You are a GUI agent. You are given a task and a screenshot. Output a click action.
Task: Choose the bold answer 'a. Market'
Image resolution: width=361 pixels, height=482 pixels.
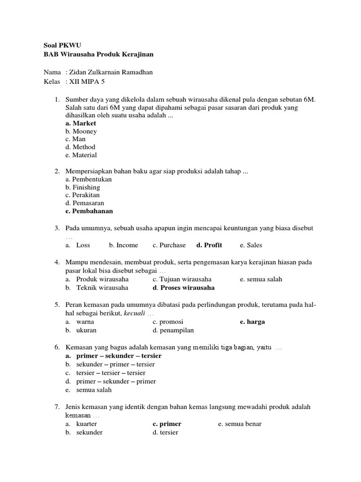pos(81,123)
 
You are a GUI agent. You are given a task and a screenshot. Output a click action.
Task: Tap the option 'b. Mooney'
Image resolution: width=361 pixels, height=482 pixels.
pos(81,131)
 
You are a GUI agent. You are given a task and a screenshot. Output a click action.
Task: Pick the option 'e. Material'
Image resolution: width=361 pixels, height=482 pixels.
pos(81,155)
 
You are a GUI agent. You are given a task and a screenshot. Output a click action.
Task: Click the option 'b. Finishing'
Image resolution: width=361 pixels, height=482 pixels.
pos(83,187)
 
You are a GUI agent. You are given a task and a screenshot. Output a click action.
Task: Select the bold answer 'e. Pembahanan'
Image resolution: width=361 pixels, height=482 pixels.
pos(89,211)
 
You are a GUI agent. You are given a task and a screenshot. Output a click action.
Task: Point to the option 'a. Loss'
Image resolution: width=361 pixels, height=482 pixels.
pos(78,245)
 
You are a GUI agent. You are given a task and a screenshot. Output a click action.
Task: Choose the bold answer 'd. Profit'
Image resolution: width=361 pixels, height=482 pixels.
pos(209,245)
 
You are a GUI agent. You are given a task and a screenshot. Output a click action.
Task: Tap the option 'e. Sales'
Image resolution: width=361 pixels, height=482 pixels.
pos(251,245)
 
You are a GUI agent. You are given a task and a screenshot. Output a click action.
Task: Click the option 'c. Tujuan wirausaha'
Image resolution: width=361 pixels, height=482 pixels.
pos(182,279)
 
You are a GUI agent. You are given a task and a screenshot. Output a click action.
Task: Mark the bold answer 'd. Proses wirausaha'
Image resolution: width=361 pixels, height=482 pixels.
pos(183,288)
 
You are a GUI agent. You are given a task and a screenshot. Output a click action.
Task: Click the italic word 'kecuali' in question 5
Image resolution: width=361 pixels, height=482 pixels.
pos(134,313)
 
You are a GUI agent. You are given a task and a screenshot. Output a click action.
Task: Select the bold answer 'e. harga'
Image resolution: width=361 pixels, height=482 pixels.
pos(252,322)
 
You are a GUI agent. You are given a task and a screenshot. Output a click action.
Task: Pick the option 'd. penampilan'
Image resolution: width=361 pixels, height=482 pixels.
pos(173,330)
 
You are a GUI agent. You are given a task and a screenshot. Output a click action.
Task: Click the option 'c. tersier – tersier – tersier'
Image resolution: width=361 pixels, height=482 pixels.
pos(105,373)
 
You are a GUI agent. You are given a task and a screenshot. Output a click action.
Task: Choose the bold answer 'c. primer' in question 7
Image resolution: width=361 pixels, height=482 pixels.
pos(167,424)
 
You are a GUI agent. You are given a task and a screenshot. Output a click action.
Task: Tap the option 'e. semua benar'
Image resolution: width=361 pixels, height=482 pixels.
pos(240,424)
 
